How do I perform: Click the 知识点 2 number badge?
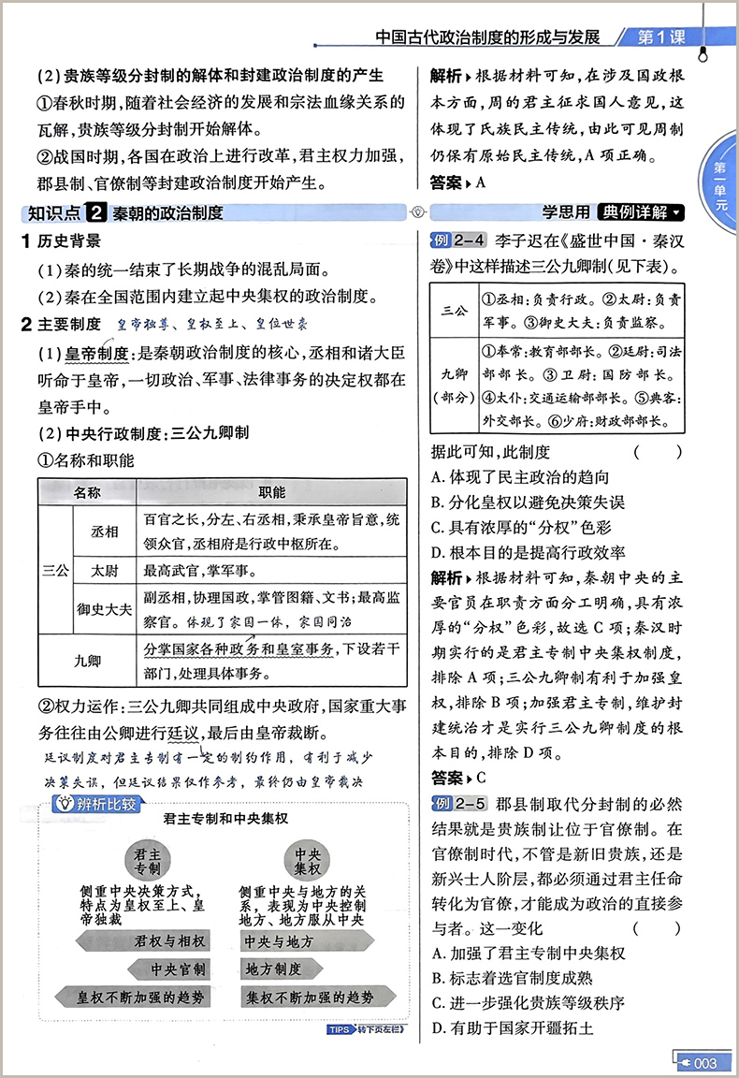click(x=97, y=212)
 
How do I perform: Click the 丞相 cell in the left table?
click(x=104, y=531)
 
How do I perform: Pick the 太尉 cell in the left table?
click(x=104, y=570)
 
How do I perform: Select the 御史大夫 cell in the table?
click(x=104, y=609)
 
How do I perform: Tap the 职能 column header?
click(x=271, y=492)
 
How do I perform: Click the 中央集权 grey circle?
click(x=308, y=860)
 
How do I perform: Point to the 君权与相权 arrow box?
click(x=169, y=940)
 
